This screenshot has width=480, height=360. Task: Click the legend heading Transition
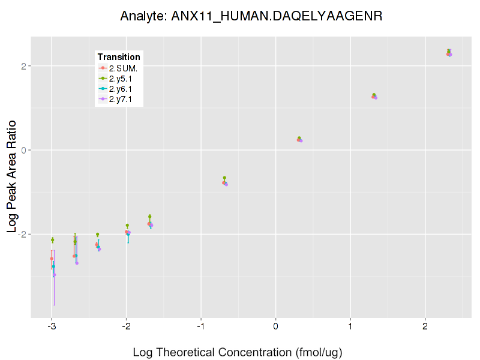(119, 57)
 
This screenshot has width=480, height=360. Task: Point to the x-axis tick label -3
(52, 328)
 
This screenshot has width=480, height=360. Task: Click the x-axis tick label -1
(201, 328)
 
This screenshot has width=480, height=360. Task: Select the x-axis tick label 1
(350, 328)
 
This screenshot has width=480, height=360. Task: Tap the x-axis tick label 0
(275, 328)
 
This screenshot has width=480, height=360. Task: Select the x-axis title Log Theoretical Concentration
(237, 352)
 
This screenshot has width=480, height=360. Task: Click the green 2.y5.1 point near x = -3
(53, 240)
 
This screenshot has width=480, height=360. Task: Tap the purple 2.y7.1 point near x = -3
(55, 275)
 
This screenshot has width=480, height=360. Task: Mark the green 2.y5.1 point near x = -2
(127, 226)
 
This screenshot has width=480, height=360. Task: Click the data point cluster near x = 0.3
(299, 139)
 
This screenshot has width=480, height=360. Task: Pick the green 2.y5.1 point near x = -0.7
(224, 178)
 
